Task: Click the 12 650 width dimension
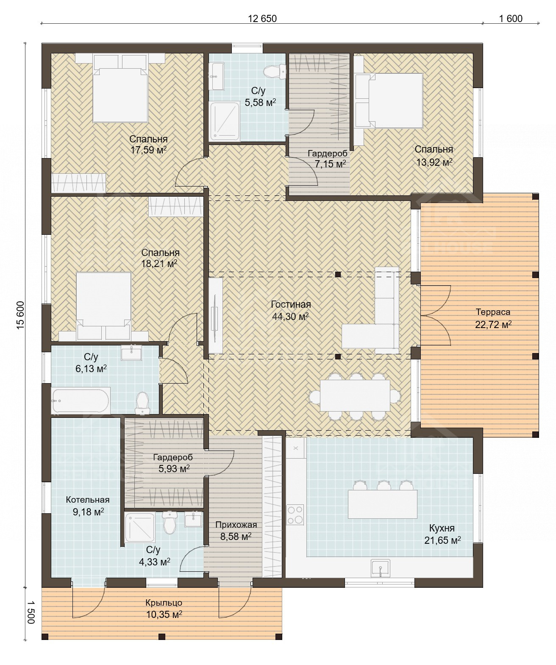[x=262, y=19]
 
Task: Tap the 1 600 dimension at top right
[x=511, y=19]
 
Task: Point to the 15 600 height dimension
[x=20, y=315]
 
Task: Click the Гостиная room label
[x=291, y=304]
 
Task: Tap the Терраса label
[x=493, y=312]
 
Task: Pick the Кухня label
[x=442, y=528]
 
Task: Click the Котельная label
[x=88, y=499]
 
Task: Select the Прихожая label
[x=236, y=524]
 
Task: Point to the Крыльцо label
[x=164, y=602]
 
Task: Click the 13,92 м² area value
[x=434, y=162]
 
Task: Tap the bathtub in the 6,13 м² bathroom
[x=81, y=401]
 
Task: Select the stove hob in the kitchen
[x=295, y=515]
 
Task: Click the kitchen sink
[x=380, y=568]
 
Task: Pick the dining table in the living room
[x=355, y=395]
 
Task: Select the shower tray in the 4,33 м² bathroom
[x=140, y=527]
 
